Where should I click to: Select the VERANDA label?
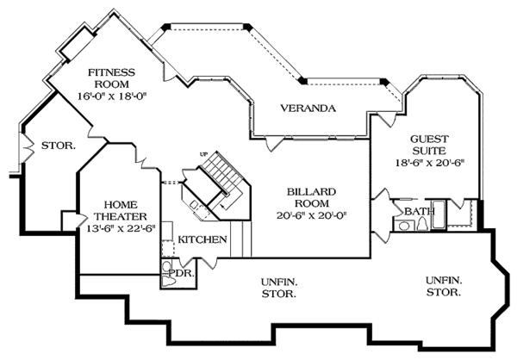tap(307, 109)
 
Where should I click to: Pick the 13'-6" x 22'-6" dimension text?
tap(115, 227)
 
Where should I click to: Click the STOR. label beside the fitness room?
tap(58, 146)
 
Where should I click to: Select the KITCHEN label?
tap(203, 239)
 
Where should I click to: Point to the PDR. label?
tap(179, 273)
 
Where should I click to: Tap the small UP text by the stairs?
tap(204, 154)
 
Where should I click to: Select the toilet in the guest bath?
tap(403, 225)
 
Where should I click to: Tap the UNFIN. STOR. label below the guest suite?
tap(442, 286)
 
